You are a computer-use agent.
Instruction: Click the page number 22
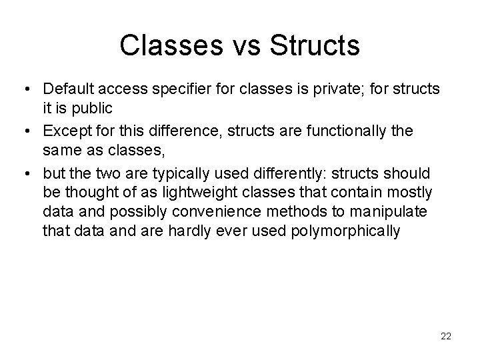[x=446, y=337]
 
